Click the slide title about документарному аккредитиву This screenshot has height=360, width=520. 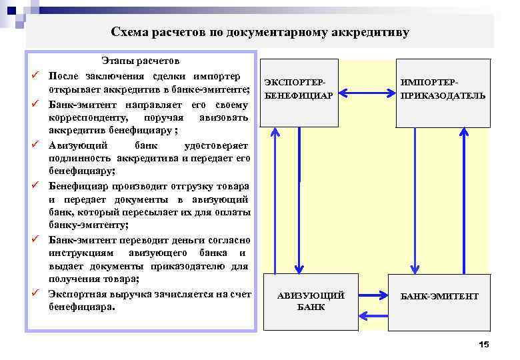point(260,32)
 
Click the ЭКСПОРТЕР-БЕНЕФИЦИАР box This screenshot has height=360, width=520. point(299,93)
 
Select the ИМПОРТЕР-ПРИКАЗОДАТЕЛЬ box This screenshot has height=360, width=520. point(443,93)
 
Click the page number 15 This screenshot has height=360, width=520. point(484,343)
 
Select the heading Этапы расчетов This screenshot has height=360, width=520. point(140,61)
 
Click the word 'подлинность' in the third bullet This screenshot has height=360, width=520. point(80,159)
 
